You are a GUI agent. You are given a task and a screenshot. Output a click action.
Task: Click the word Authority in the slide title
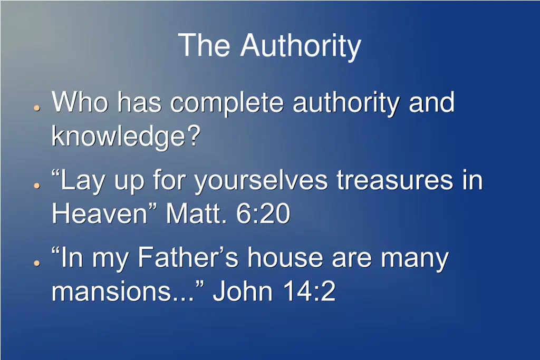coord(301,46)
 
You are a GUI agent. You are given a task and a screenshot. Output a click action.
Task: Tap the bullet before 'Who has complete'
coord(36,107)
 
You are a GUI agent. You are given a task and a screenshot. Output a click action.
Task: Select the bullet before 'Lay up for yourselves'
coord(36,186)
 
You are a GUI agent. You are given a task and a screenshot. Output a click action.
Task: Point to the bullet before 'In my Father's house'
coord(36,262)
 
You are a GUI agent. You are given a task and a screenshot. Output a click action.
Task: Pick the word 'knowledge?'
coord(126,137)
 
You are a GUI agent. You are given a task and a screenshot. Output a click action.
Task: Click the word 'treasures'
coord(395,180)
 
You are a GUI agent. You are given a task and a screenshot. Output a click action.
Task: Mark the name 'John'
coord(240,291)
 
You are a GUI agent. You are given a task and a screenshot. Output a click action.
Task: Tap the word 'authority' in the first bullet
coord(346,103)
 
